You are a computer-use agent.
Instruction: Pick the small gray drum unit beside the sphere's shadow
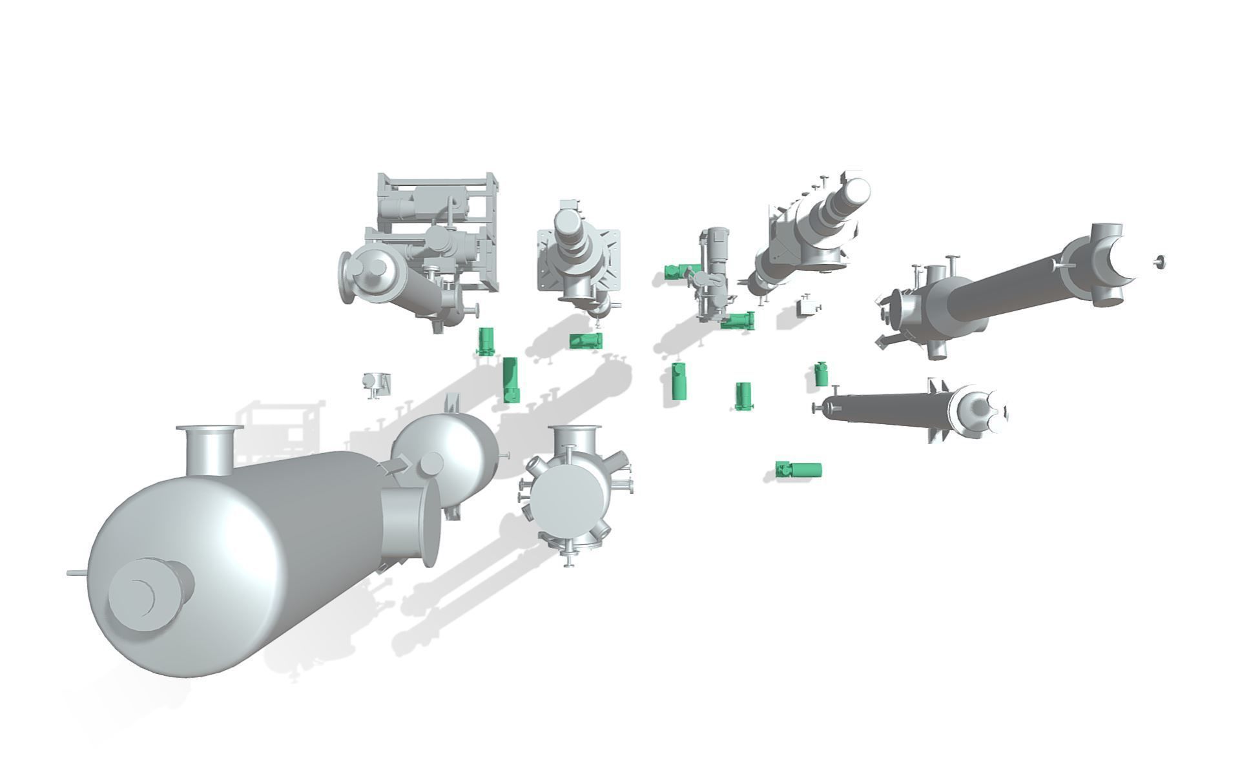pos(375,383)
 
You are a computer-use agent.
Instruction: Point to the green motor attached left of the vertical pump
pos(677,272)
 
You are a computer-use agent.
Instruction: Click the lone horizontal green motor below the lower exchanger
pos(800,469)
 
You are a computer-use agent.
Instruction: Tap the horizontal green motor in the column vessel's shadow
pos(585,340)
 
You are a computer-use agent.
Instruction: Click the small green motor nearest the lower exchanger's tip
pos(821,374)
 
